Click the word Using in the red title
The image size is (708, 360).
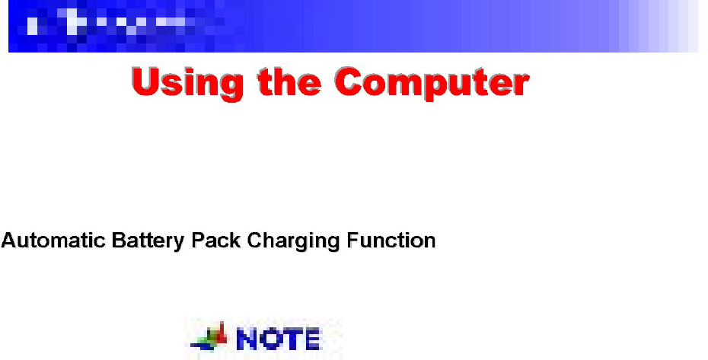tap(187, 84)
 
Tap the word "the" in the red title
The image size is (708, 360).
tap(289, 81)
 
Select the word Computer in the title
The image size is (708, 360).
tap(432, 83)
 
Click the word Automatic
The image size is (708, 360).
tap(53, 240)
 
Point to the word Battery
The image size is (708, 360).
tap(148, 241)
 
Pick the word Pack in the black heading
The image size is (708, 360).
tap(216, 240)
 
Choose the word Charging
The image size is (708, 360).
tap(293, 241)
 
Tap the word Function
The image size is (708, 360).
tap(391, 240)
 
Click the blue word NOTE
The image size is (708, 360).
tap(278, 339)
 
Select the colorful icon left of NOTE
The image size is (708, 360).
tap(209, 337)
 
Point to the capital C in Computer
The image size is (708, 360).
tap(351, 81)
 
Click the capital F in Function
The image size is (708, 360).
tap(353, 240)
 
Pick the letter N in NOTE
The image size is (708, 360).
tap(247, 339)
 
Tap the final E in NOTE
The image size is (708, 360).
tap(312, 339)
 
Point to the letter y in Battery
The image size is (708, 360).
tap(179, 243)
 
